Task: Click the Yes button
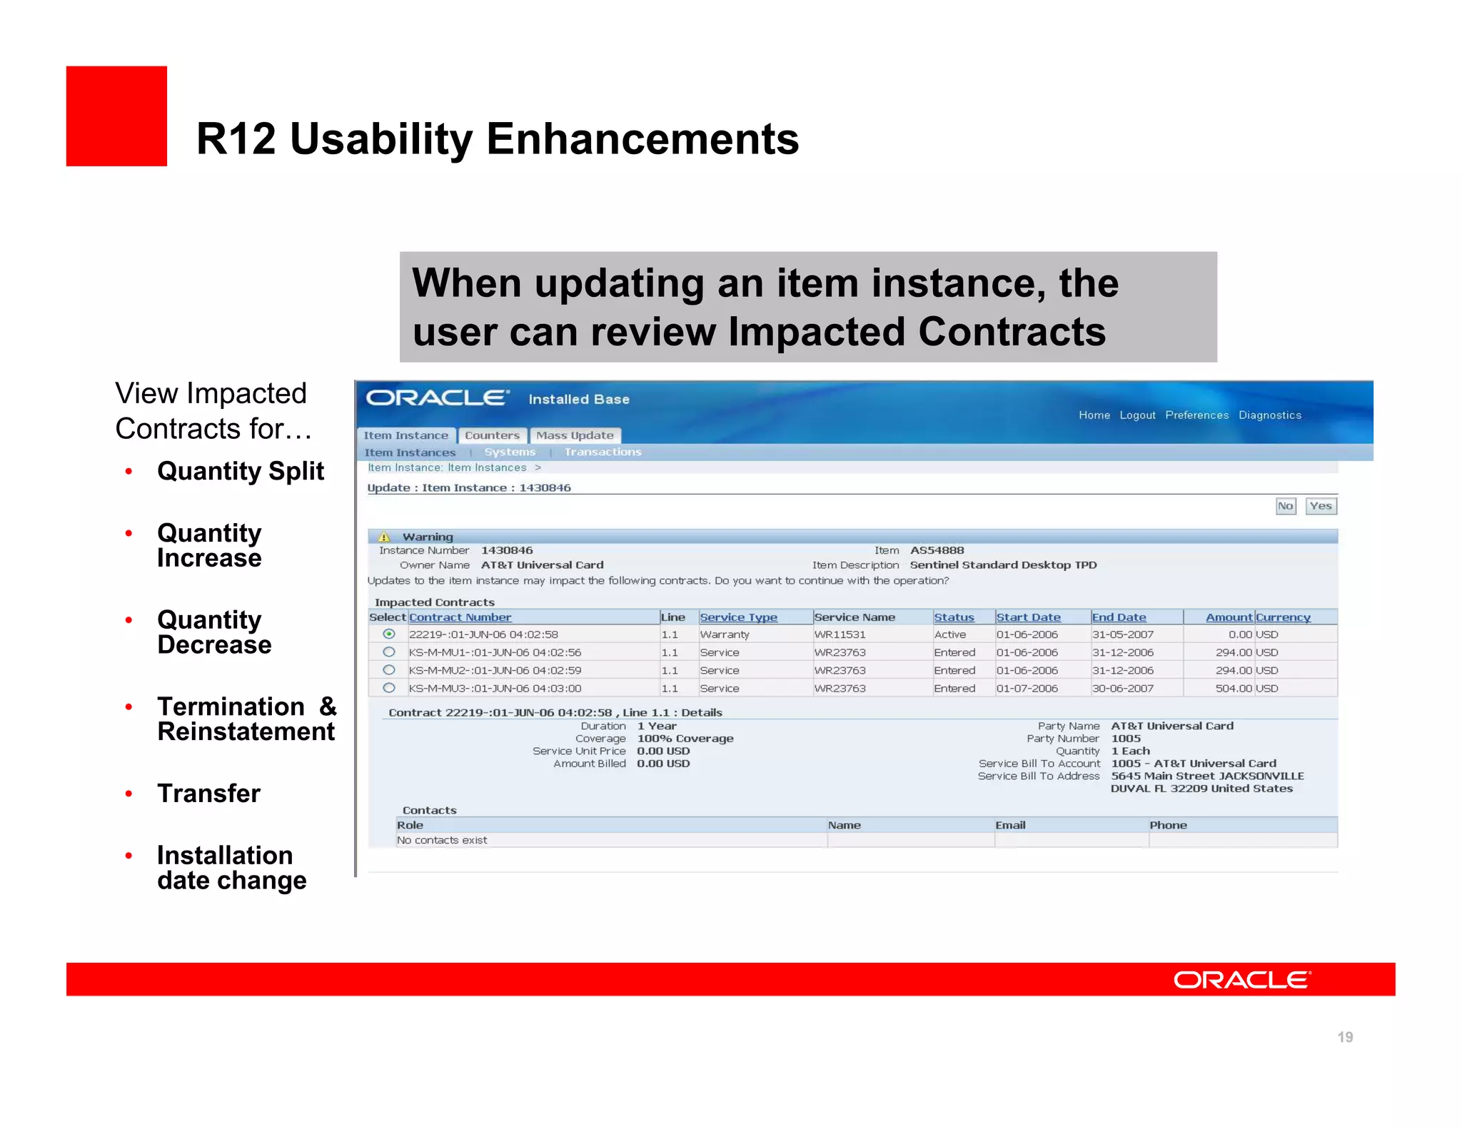[x=1321, y=506]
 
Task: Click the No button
[x=1285, y=506]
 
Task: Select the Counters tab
[x=492, y=435]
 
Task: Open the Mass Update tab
[x=575, y=435]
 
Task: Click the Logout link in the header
[x=1137, y=415]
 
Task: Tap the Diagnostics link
[x=1269, y=415]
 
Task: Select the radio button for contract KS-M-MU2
[x=389, y=670]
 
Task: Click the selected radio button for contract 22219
[x=389, y=634]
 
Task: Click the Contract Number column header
[x=460, y=617]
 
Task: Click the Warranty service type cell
[x=725, y=634]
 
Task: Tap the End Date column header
[x=1119, y=617]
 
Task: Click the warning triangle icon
[x=384, y=537]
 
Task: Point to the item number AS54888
[x=937, y=550]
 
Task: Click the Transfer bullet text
[x=208, y=794]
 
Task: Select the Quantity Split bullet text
[x=241, y=471]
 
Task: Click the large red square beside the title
[x=116, y=116]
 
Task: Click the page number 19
[x=1345, y=1037]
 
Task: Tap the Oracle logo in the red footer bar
[x=1242, y=980]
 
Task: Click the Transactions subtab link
[x=603, y=452]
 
